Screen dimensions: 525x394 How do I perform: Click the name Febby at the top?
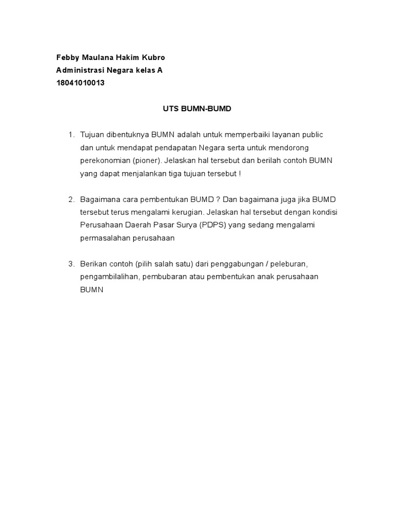pos(67,57)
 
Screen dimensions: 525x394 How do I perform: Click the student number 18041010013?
pos(80,83)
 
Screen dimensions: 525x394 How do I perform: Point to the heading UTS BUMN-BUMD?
pos(198,109)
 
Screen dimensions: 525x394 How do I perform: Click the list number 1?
pos(71,135)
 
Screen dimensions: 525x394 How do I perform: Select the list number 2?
pos(71,199)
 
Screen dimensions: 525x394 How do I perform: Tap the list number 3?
pos(71,264)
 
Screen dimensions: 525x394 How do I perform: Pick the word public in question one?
pos(312,135)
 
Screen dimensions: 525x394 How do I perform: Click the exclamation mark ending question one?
pos(240,173)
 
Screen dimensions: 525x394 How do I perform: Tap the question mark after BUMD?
pos(219,199)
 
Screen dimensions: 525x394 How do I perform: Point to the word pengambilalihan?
pos(110,276)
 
